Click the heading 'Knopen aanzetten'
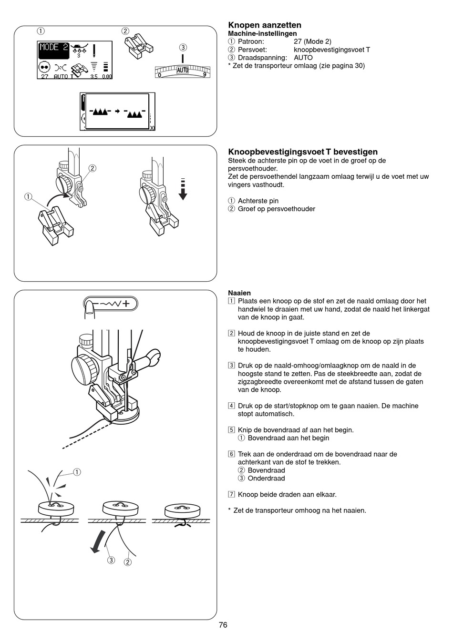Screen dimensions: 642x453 [x=265, y=25]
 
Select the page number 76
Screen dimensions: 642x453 [x=223, y=625]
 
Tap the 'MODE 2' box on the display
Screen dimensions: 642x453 [x=53, y=48]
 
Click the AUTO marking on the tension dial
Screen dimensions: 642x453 [x=183, y=70]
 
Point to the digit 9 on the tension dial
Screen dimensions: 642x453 [x=205, y=74]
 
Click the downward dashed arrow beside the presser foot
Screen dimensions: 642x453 [x=183, y=189]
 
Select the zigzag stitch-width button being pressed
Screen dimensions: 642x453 [x=111, y=303]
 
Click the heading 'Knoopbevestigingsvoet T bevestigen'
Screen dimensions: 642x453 [x=303, y=152]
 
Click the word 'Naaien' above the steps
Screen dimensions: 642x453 [x=239, y=293]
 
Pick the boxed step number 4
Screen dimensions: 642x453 [x=231, y=406]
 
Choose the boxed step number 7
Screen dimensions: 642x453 [x=231, y=495]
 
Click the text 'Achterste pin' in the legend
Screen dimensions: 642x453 [x=258, y=201]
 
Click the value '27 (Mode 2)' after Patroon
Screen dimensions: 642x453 [x=312, y=41]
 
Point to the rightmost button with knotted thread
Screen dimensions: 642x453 [x=182, y=511]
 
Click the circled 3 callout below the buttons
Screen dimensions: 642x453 [x=111, y=560]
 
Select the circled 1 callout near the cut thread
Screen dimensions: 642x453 [x=77, y=472]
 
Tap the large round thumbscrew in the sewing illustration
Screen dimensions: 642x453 [x=84, y=367]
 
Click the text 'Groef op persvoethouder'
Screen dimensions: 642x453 [x=276, y=209]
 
